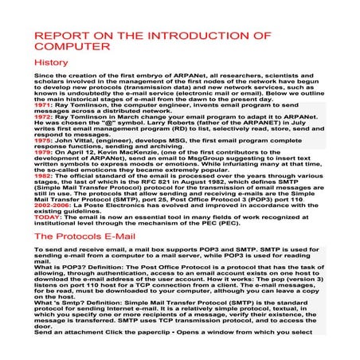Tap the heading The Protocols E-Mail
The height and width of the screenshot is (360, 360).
click(x=86, y=236)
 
